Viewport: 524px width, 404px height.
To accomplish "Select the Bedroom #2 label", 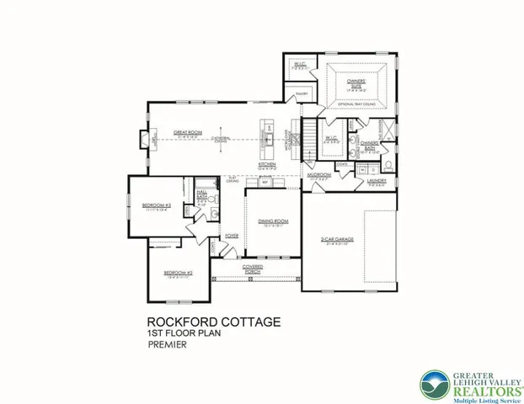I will (179, 274).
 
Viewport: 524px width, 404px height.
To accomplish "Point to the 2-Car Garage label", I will (335, 241).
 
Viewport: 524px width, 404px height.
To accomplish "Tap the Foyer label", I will (232, 236).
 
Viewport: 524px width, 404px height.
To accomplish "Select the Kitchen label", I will (267, 166).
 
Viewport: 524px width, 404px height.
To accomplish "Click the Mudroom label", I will (319, 176).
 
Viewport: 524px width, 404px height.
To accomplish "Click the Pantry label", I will (302, 93).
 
